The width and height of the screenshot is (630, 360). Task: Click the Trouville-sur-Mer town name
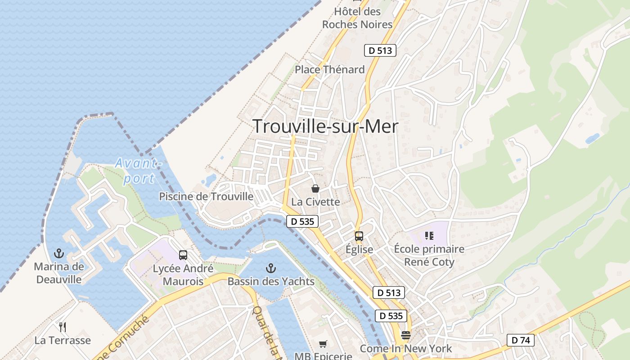(x=325, y=126)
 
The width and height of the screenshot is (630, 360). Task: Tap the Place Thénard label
(x=329, y=70)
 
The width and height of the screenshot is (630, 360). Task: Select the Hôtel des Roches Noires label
(x=357, y=18)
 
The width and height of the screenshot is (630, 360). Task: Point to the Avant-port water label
(x=138, y=171)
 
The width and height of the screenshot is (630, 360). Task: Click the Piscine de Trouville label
(x=206, y=197)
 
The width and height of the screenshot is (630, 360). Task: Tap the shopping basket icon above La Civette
(x=315, y=189)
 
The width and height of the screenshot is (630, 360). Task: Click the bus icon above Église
(x=359, y=236)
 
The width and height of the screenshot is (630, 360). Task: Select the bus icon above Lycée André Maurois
(x=183, y=255)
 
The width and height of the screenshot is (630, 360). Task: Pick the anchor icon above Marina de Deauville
(x=59, y=254)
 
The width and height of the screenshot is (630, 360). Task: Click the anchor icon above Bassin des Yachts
(x=270, y=269)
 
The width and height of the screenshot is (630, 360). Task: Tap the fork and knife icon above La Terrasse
(x=63, y=327)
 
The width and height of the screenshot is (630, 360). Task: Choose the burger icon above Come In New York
(x=406, y=335)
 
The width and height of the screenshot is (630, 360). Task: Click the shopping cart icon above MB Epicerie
(x=323, y=344)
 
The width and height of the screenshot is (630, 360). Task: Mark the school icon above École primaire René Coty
(x=429, y=236)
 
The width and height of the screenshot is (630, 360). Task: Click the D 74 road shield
(x=521, y=340)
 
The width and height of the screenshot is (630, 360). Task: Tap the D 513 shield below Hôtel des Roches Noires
(x=380, y=50)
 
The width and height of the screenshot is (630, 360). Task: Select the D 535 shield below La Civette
(x=302, y=221)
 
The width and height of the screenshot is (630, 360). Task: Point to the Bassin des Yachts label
(x=271, y=282)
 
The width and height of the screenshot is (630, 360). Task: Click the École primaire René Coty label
(x=429, y=256)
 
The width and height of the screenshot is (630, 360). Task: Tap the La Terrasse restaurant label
(x=63, y=340)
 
